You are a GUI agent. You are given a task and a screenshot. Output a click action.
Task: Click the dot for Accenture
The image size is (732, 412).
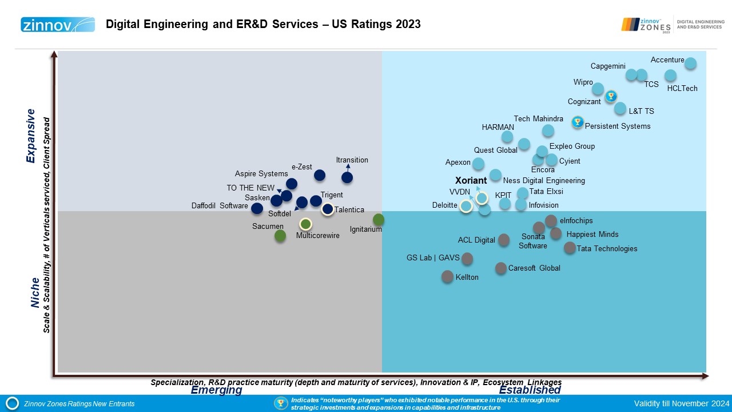coord(690,64)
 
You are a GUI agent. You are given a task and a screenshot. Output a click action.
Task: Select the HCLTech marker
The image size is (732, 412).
coord(670,76)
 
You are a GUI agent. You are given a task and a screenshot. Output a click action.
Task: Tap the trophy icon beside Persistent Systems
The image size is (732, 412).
coord(578,122)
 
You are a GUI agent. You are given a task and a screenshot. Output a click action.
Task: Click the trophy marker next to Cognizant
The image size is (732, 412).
coord(611,96)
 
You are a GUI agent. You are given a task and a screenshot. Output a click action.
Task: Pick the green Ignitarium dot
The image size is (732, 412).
coord(379,220)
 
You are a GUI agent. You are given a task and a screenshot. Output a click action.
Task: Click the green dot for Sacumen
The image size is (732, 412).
coord(280,235)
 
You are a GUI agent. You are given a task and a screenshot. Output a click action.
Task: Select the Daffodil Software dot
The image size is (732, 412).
coord(257,209)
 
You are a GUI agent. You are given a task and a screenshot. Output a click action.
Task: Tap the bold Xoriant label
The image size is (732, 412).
coord(471,181)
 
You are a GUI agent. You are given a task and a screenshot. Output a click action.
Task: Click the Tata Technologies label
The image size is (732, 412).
coord(607,249)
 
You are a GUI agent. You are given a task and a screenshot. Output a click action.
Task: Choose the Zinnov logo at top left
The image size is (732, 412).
coord(58,24)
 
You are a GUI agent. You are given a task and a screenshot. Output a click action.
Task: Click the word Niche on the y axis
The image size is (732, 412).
coord(35,292)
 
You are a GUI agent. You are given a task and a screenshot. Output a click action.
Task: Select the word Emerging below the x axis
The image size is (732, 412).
coord(216,390)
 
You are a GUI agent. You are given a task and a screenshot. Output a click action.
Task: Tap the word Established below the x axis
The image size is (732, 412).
coord(530,390)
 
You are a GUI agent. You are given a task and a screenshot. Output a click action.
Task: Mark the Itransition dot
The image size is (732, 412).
coord(347,177)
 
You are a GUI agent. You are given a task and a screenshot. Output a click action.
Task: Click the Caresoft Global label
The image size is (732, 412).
coord(534,268)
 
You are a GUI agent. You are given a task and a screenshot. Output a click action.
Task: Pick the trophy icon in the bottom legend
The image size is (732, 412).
coord(281,403)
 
